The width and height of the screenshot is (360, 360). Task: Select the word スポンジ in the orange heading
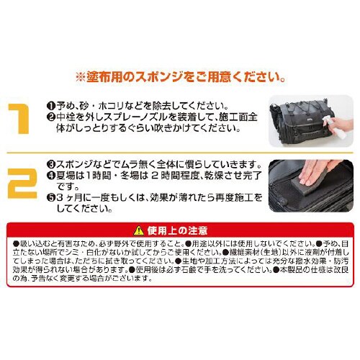pos(151,75)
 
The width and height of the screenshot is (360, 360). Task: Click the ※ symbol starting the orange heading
pos(80,75)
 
